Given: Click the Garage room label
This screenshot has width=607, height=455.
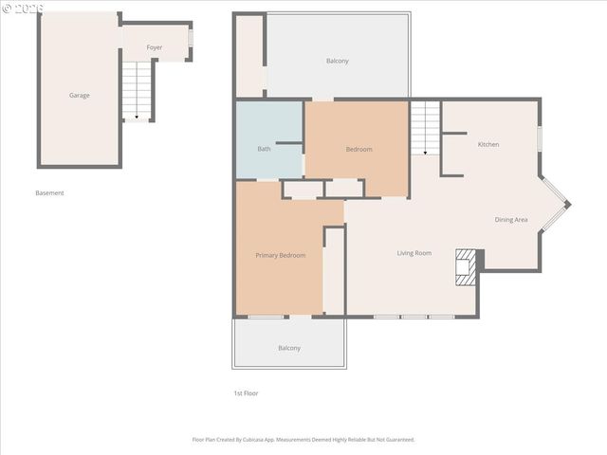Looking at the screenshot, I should [x=79, y=95].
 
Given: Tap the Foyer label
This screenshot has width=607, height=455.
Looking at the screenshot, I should [x=154, y=46].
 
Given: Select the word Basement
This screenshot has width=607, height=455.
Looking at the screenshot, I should [x=49, y=193].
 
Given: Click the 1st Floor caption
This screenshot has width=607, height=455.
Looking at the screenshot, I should [x=246, y=393].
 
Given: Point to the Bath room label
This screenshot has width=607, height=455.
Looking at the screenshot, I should [x=264, y=149].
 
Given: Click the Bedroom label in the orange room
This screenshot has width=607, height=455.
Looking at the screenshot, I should [x=359, y=149].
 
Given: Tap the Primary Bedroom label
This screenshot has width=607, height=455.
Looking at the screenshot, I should [x=280, y=255].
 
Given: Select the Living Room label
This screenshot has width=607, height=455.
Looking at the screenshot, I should [x=414, y=253].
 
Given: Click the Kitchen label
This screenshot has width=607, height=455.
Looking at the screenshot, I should [x=487, y=144].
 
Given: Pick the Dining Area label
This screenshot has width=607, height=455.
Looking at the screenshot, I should [x=511, y=220].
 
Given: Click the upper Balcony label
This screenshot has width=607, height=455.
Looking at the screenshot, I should [x=337, y=61].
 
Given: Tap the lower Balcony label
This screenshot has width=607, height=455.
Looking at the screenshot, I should [x=289, y=348].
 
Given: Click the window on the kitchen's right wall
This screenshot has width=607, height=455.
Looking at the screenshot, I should [x=540, y=138].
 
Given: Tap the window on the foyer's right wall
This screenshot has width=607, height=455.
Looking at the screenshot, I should [x=191, y=39].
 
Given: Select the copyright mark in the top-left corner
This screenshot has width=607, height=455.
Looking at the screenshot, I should [x=6, y=7].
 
